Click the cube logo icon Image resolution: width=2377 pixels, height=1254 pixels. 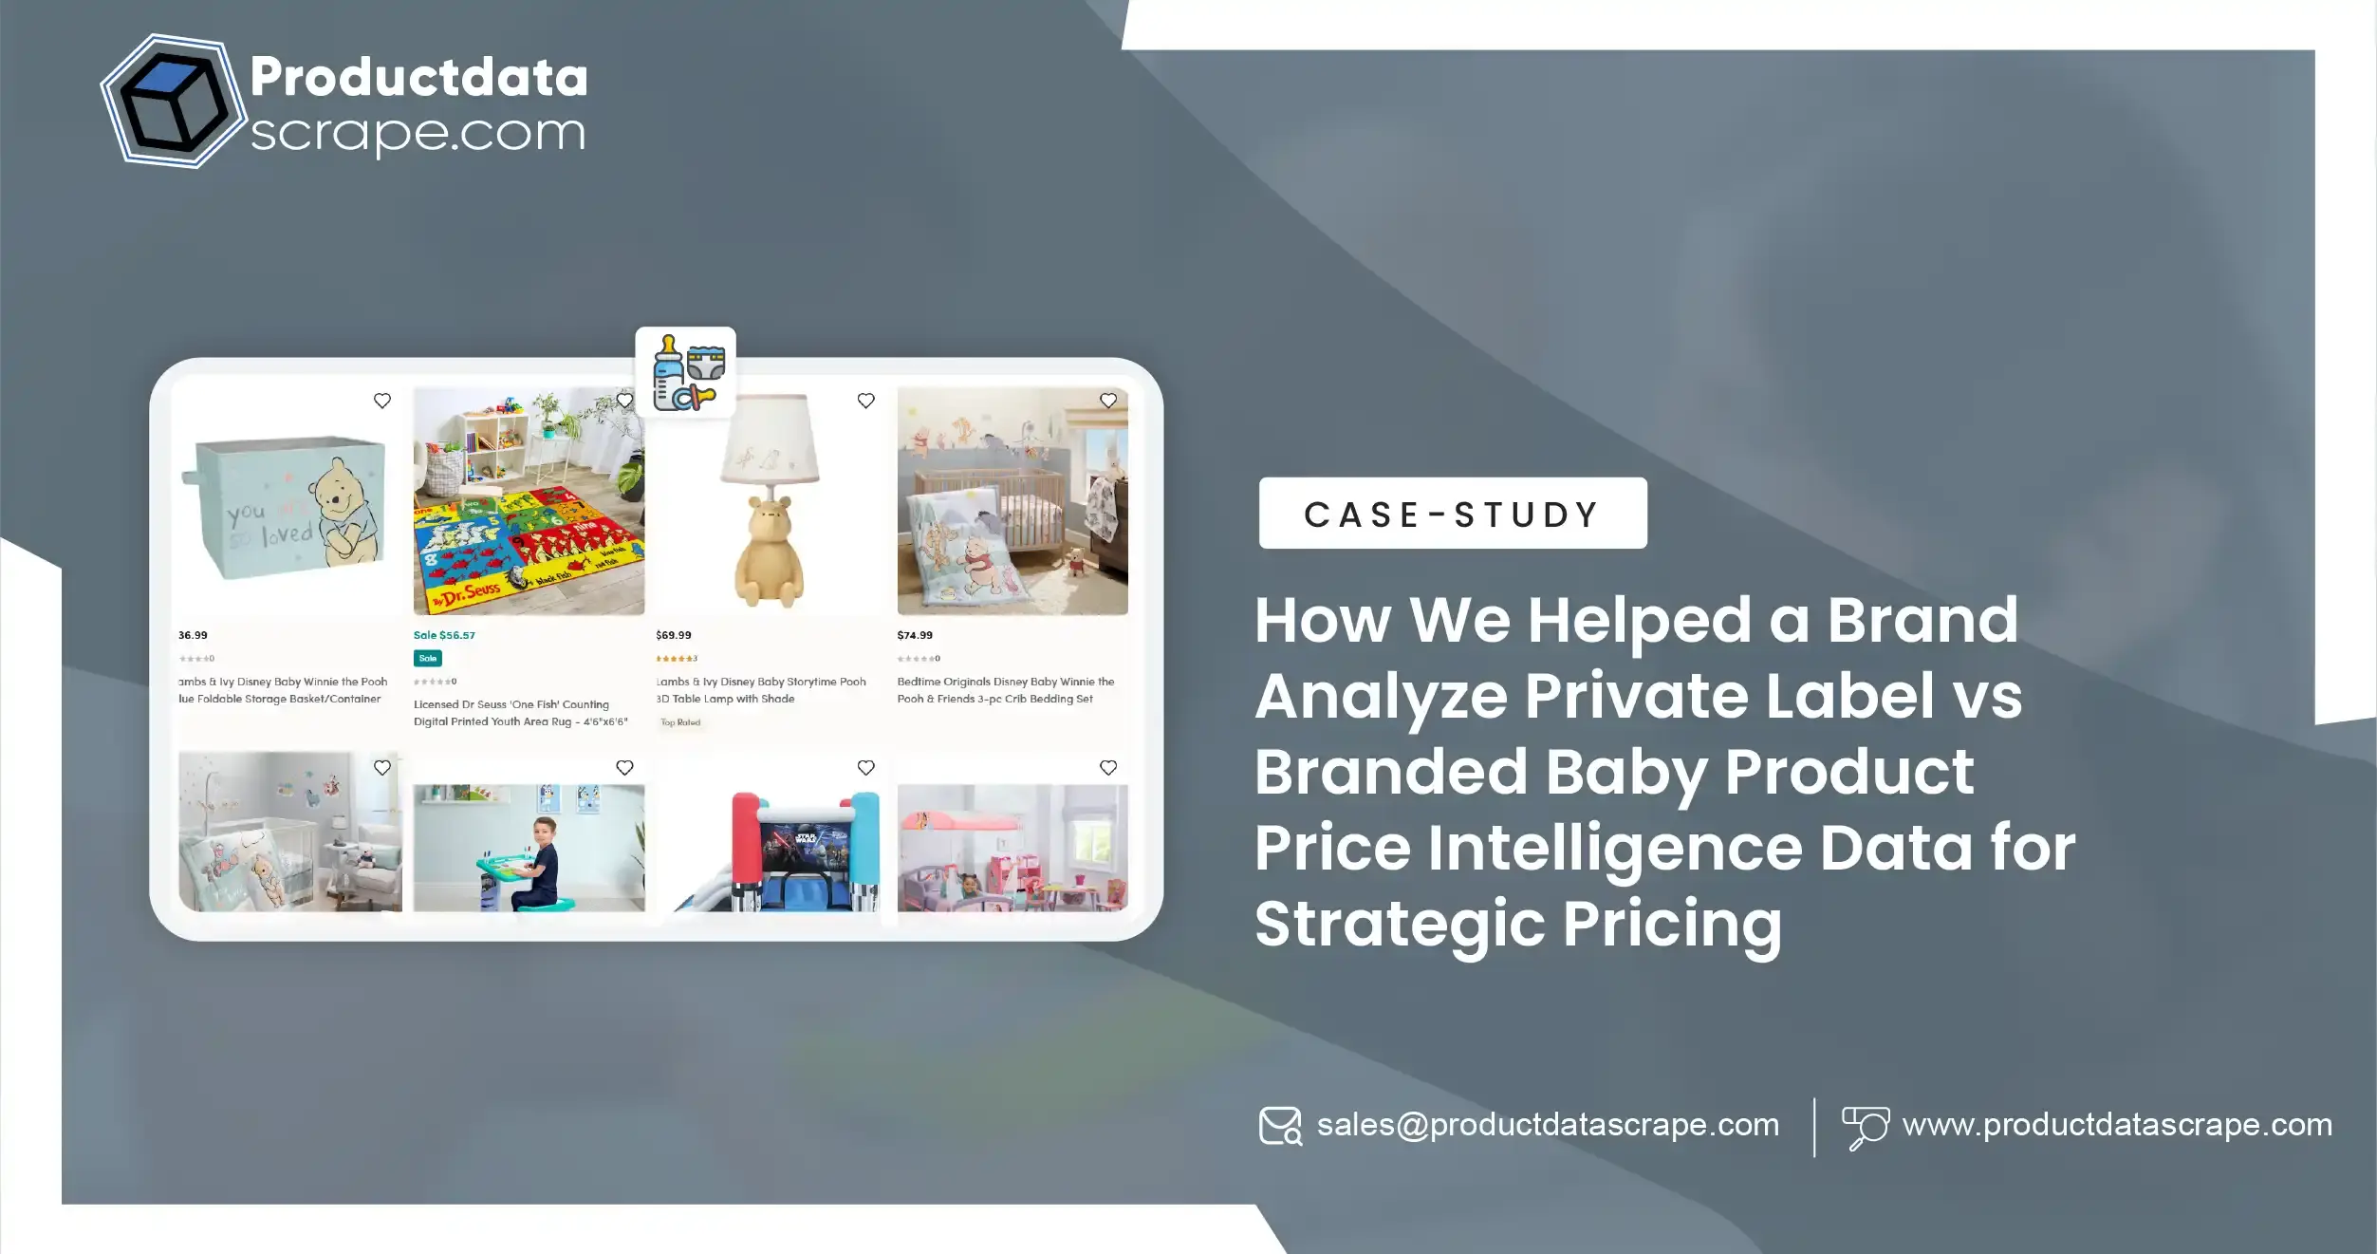(172, 102)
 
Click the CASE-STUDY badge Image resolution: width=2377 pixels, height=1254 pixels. (1452, 514)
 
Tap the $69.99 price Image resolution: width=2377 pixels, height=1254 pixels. (674, 635)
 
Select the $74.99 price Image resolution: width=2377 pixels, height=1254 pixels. (915, 635)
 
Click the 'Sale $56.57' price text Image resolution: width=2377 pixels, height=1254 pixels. (444, 635)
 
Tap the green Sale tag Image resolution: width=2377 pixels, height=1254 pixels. (427, 658)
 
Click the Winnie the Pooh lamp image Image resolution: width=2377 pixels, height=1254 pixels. (769, 503)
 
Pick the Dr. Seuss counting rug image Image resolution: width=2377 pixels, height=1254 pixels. (529, 501)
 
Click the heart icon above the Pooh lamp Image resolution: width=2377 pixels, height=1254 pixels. (865, 401)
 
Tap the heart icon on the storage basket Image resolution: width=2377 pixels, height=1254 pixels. (381, 401)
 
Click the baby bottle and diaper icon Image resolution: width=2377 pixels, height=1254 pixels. (686, 372)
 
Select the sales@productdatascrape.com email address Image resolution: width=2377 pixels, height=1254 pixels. (1547, 1125)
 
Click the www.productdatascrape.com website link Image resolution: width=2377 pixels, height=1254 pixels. (2117, 1125)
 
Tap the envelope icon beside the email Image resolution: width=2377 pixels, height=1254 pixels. (1280, 1126)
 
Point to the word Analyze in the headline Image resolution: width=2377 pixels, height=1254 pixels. (1381, 697)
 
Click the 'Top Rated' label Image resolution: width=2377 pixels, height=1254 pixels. (680, 722)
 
